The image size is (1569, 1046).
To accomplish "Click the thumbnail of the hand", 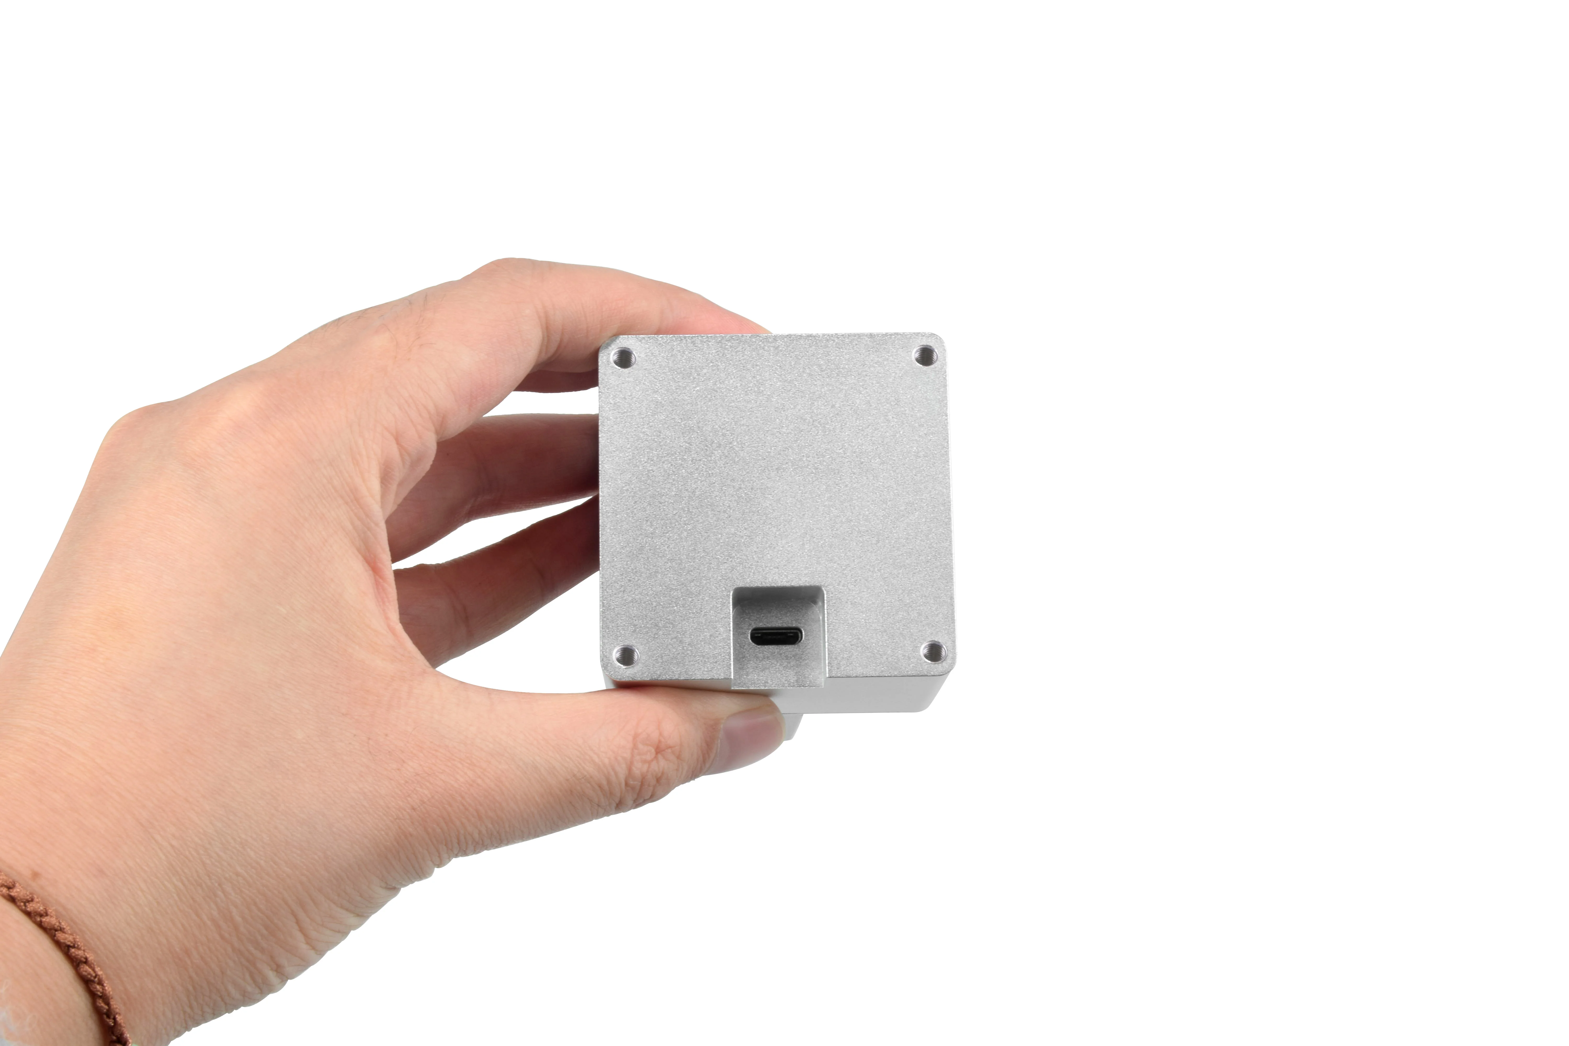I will click(x=751, y=734).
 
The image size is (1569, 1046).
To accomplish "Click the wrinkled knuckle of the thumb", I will click(x=640, y=754).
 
